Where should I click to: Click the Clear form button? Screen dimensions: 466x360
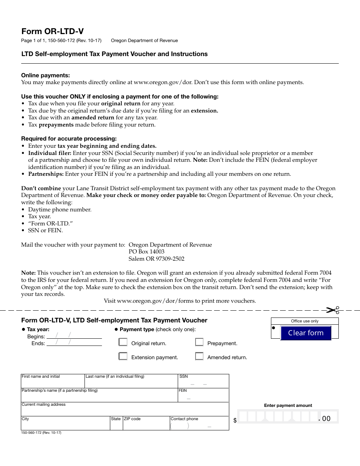click(305, 333)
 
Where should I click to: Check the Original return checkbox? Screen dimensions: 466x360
click(123, 342)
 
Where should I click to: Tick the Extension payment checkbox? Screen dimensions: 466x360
click(123, 357)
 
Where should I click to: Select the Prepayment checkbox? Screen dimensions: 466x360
click(199, 342)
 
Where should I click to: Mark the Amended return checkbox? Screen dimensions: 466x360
click(199, 357)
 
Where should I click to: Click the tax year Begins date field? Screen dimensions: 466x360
click(74, 335)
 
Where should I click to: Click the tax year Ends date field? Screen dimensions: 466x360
click(74, 342)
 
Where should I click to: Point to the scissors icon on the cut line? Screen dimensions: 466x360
click(332, 310)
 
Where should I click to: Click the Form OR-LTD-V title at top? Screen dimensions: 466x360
click(52, 31)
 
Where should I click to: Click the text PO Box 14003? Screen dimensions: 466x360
click(147, 252)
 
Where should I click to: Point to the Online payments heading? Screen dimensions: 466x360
click(45, 75)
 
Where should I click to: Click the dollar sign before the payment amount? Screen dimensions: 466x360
click(235, 421)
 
